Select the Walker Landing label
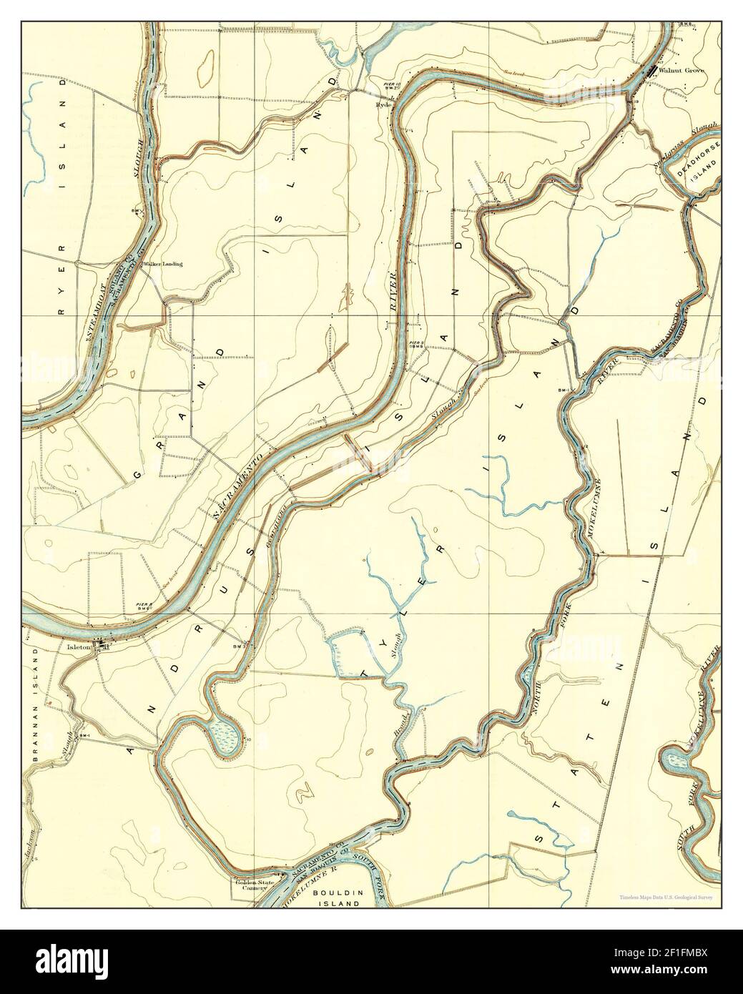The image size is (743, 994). coord(162,264)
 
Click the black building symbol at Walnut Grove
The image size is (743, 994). coord(651,70)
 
